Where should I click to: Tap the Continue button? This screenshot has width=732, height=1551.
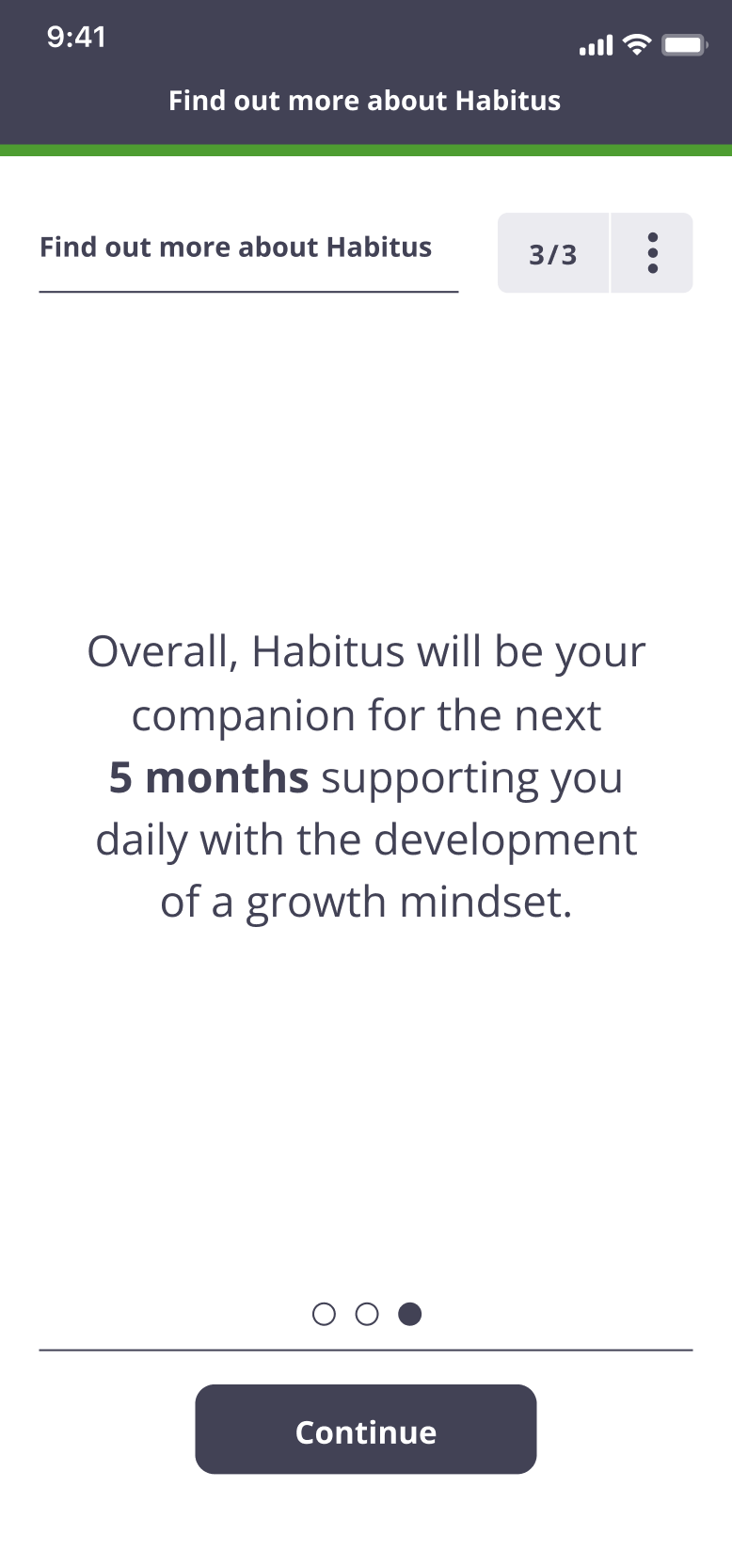[366, 1429]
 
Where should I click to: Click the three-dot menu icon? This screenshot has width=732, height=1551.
[652, 253]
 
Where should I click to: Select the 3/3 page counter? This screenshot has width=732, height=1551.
[552, 254]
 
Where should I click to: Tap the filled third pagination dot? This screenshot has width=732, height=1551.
[410, 1314]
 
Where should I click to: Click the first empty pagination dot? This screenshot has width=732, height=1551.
[324, 1314]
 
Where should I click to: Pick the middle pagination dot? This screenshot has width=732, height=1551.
[367, 1314]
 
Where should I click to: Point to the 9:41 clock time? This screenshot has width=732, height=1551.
[76, 37]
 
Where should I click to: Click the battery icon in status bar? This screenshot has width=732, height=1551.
[684, 45]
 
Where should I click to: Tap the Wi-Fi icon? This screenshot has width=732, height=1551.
[637, 44]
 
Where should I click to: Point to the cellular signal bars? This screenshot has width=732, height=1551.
[597, 45]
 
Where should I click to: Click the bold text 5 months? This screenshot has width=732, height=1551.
[209, 776]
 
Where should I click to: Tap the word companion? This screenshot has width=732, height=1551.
[244, 716]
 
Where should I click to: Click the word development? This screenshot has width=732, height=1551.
[505, 840]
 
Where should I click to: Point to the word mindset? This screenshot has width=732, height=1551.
[486, 903]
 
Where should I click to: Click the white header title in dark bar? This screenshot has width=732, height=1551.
[364, 101]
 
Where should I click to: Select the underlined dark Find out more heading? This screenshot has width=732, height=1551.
[235, 248]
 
